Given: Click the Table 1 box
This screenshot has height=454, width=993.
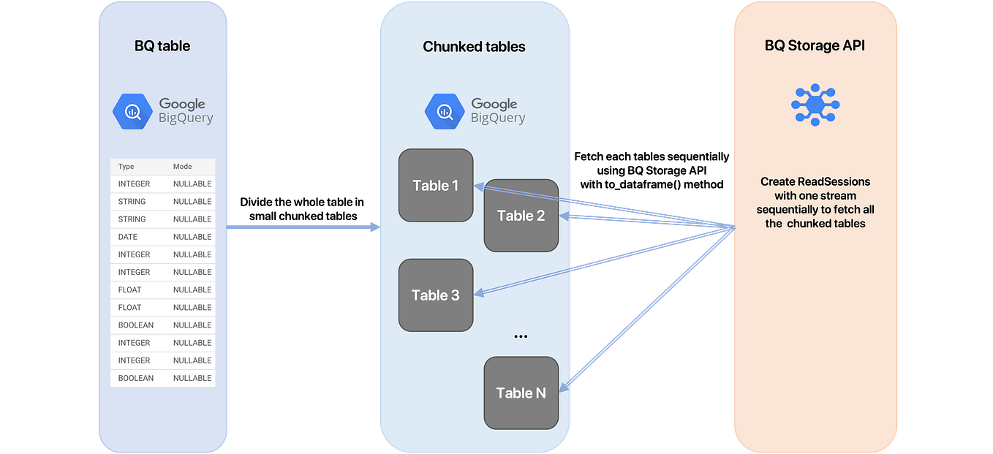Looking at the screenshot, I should (x=436, y=185).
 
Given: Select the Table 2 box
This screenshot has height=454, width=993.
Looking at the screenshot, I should (x=521, y=216).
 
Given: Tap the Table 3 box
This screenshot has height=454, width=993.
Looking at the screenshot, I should (x=436, y=295).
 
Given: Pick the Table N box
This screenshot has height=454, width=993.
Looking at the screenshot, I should (x=521, y=393).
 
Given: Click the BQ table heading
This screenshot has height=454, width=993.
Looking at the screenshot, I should (x=162, y=46).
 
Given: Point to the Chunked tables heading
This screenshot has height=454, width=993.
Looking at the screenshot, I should (x=474, y=47).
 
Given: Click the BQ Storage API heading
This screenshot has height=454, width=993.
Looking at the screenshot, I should (x=815, y=46).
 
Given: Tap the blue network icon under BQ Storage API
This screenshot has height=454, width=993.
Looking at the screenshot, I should (x=815, y=105).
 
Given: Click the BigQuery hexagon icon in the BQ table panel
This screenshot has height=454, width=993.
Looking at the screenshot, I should (x=132, y=111).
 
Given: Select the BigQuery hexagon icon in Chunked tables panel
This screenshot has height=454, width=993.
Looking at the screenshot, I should (x=445, y=111).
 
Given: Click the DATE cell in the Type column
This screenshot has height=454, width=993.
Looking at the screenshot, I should (x=128, y=237).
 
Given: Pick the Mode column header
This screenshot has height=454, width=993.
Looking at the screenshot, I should (x=182, y=167).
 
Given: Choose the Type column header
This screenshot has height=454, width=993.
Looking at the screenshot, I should (x=127, y=167).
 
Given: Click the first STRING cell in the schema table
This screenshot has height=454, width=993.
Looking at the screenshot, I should (x=132, y=202).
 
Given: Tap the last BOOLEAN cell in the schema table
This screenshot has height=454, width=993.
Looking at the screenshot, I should (x=136, y=378).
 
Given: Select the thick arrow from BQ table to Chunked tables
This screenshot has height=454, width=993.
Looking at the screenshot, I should (x=303, y=229).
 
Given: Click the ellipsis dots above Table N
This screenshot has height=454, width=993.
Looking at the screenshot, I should (x=521, y=337).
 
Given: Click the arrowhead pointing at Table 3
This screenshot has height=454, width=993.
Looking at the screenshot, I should (x=479, y=293).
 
